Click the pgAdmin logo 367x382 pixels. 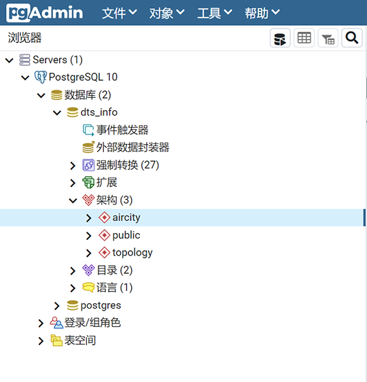(45, 13)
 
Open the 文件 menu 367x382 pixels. (120, 13)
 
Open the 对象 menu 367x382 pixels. (167, 13)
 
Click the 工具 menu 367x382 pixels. (215, 13)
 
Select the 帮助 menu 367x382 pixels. (262, 13)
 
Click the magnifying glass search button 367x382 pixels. (351, 38)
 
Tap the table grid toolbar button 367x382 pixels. (304, 38)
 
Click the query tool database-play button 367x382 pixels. (280, 38)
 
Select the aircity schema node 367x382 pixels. (126, 218)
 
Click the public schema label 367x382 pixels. (126, 235)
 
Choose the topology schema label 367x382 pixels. (133, 253)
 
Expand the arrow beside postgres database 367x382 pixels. (56, 306)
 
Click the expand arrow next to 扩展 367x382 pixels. (73, 183)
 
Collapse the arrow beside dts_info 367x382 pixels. (57, 113)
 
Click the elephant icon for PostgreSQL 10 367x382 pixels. (40, 77)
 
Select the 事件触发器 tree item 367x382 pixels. (122, 130)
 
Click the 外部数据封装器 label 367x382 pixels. (133, 147)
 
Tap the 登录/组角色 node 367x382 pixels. (92, 323)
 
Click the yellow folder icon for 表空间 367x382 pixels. (56, 341)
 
